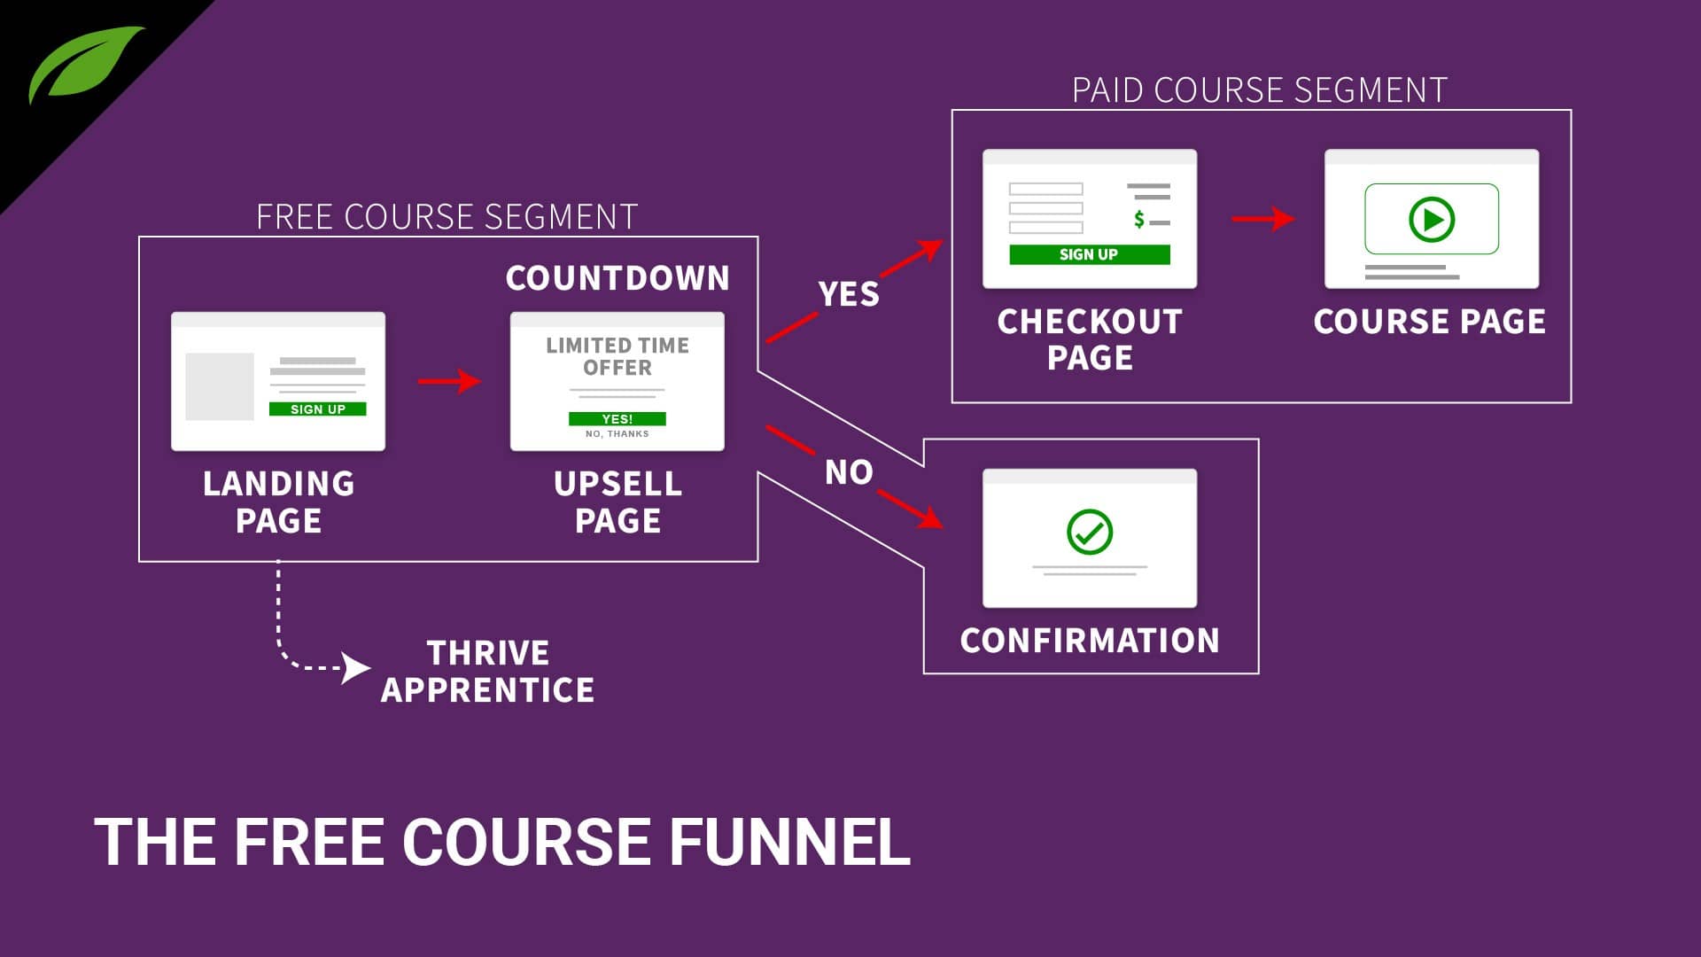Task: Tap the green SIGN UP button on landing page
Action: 317,408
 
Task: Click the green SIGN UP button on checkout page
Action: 1089,254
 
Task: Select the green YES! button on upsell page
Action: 617,418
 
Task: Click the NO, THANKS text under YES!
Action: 617,434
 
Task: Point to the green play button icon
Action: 1431,218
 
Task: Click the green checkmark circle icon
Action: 1089,532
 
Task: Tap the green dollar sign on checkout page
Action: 1139,219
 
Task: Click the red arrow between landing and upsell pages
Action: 449,382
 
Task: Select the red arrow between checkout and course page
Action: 1263,218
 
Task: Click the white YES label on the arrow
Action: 848,294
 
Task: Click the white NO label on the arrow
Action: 848,472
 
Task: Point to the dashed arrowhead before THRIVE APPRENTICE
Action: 355,667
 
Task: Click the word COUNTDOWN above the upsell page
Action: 617,278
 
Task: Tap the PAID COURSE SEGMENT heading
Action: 1259,90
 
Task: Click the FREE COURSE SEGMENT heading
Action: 447,217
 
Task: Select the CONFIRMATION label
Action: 1089,641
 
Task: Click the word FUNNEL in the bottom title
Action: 788,842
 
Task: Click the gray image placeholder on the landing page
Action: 219,386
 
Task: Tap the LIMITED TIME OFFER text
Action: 617,356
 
